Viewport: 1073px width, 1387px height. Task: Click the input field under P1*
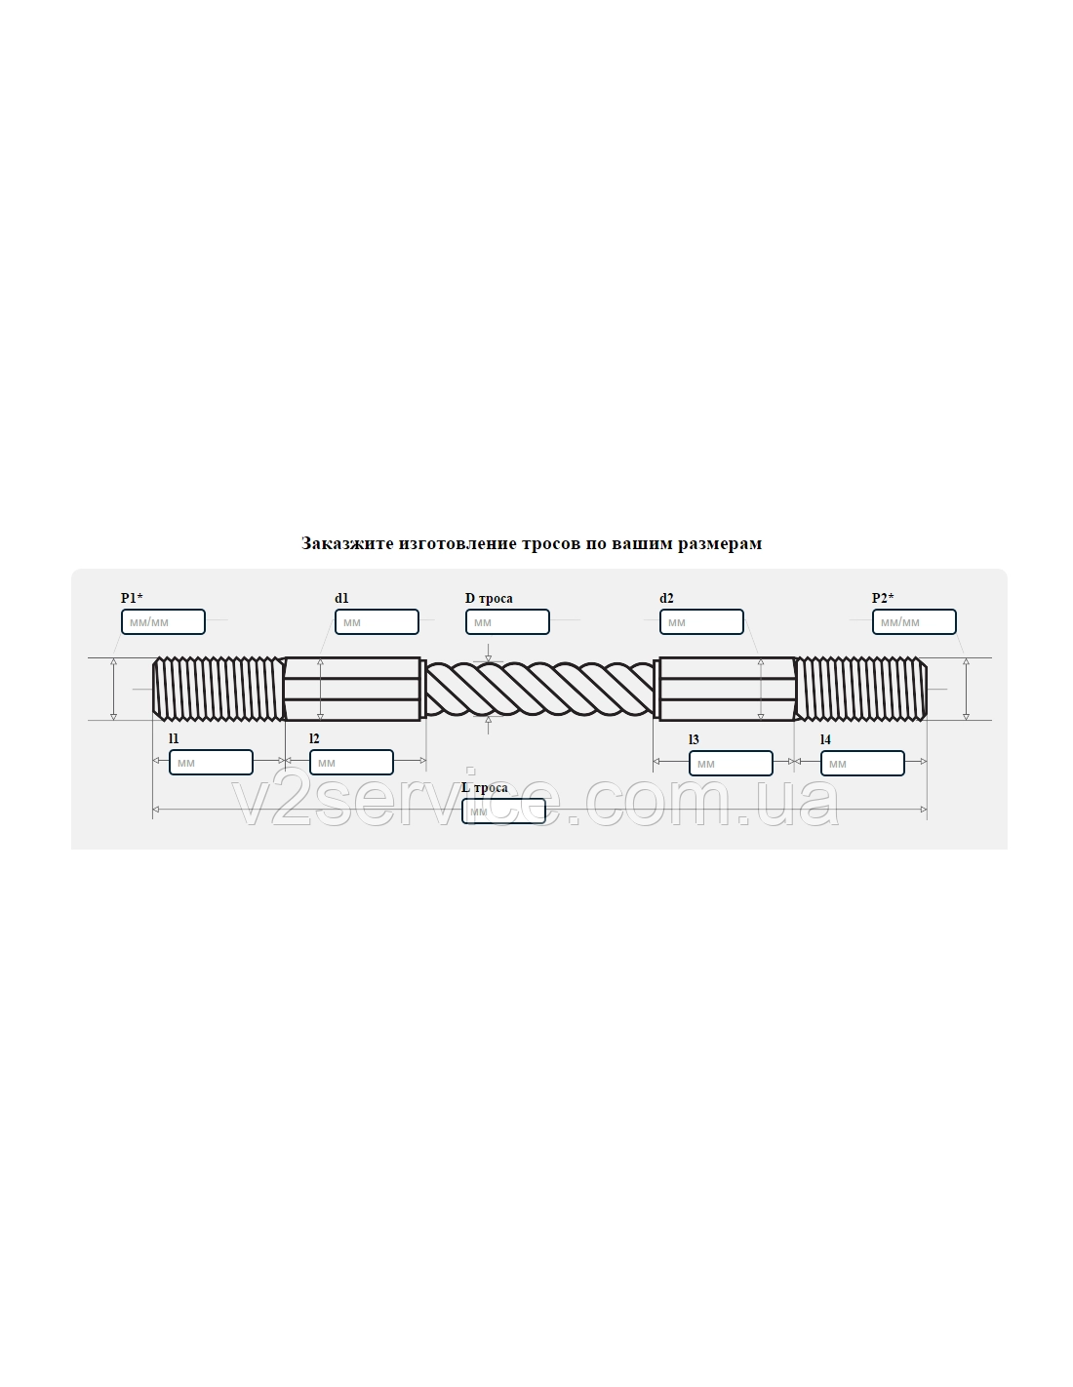[163, 621]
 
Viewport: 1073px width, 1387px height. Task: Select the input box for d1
[377, 621]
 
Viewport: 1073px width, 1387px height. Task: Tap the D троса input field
[507, 621]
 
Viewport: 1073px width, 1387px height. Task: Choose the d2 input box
[701, 621]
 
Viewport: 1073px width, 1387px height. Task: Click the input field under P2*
[914, 621]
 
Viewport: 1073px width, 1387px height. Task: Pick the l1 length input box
[211, 762]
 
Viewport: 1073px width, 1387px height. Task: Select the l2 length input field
[351, 762]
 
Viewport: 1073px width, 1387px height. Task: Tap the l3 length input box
[731, 763]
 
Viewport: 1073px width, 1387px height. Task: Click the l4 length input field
[861, 763]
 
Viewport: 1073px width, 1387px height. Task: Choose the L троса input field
[503, 811]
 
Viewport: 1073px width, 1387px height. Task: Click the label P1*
[132, 598]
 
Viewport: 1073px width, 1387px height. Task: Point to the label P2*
[883, 598]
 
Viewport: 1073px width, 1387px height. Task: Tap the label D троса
[489, 598]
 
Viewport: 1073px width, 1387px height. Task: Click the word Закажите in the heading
[347, 543]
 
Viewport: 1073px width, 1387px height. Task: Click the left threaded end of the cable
[219, 689]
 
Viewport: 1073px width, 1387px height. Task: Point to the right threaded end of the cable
[860, 689]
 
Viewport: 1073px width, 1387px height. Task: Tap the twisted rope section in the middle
[540, 688]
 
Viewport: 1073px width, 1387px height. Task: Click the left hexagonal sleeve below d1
[353, 689]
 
